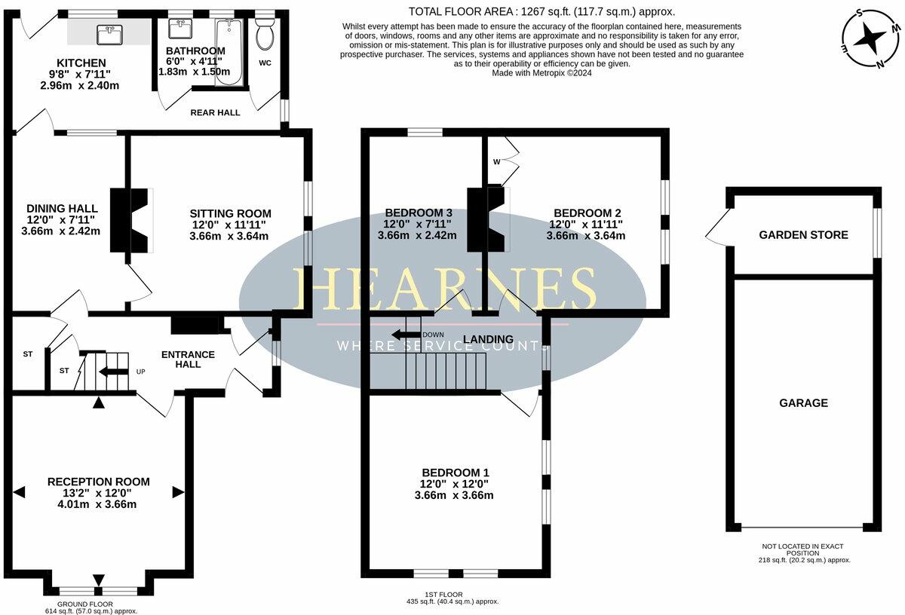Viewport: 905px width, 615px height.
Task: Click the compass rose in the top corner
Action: tap(870, 38)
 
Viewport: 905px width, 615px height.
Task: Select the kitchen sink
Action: tap(110, 33)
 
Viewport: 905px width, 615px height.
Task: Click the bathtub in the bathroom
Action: tap(228, 52)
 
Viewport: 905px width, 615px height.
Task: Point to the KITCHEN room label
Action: tap(81, 63)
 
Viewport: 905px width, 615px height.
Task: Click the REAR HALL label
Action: tap(215, 113)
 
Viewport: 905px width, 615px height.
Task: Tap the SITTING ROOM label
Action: tap(230, 213)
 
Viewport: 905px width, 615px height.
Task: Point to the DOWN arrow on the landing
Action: tap(406, 335)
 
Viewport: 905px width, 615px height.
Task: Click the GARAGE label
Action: tap(803, 403)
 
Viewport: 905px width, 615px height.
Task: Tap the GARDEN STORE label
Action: tap(803, 235)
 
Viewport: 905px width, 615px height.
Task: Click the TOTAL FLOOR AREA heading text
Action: tap(541, 11)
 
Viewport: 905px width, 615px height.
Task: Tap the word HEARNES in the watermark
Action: tap(443, 289)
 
